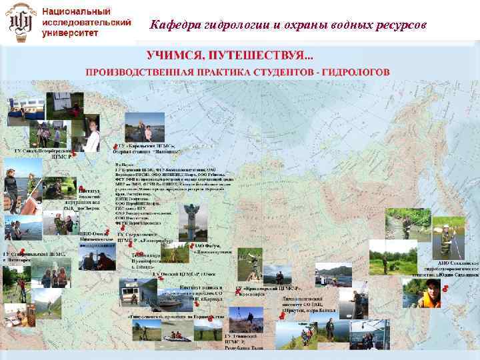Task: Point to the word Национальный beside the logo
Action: tap(77, 11)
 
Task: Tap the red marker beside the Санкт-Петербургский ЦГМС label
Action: tap(74, 155)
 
